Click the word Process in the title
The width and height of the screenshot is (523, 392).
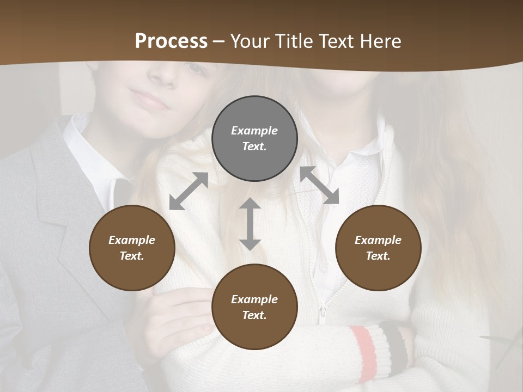pyautogui.click(x=171, y=41)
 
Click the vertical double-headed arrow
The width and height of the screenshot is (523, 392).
pyautogui.click(x=250, y=224)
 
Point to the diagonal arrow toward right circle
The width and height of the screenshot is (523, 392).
pyautogui.click(x=319, y=185)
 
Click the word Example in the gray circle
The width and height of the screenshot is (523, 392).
pyautogui.click(x=254, y=131)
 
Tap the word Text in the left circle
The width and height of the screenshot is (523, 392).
pyautogui.click(x=132, y=256)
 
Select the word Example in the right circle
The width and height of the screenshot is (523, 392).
pyautogui.click(x=378, y=240)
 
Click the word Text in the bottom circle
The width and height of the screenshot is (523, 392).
pyautogui.click(x=254, y=315)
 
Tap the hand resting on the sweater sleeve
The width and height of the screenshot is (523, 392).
pyautogui.click(x=180, y=316)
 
